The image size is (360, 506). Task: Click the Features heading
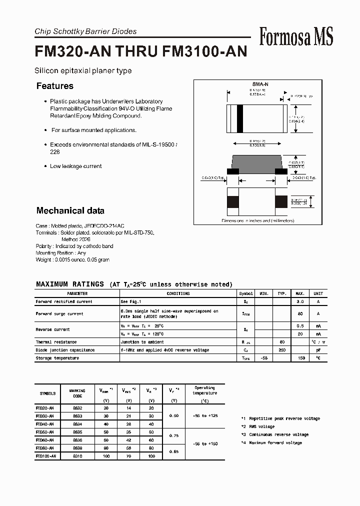pos(55,86)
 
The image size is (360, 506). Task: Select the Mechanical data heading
pos(70,210)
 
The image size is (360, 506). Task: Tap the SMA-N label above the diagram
pos(257,84)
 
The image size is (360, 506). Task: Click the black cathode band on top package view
pos(239,119)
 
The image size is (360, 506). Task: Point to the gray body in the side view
pos(257,162)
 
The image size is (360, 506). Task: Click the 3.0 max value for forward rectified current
pos(300,301)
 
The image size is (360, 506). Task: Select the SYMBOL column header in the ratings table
pos(246,293)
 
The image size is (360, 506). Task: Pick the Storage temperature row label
pos(57,358)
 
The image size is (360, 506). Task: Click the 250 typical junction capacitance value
pos(282,350)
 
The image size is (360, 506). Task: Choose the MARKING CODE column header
pos(77,393)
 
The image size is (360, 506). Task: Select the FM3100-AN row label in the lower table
pos(46,456)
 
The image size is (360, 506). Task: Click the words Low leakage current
pos(75,166)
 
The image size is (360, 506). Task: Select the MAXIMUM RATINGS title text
pos(70,284)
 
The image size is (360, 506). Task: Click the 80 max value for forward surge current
pos(300,313)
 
